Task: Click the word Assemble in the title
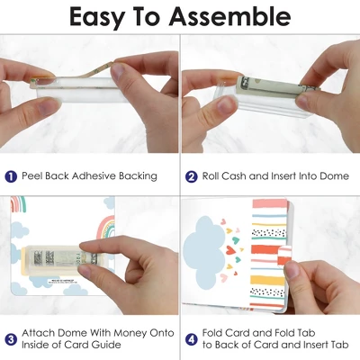pyautogui.click(x=229, y=16)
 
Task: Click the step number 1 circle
pyautogui.click(x=11, y=176)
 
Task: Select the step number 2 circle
pyautogui.click(x=191, y=176)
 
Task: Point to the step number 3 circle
pyautogui.click(x=11, y=339)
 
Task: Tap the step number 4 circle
pyautogui.click(x=191, y=339)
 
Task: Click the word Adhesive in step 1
pyautogui.click(x=94, y=175)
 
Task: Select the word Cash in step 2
pyautogui.click(x=234, y=175)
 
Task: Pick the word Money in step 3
pyautogui.click(x=130, y=333)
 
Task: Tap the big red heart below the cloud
pyautogui.click(x=230, y=249)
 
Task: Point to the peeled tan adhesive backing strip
pyautogui.click(x=74, y=74)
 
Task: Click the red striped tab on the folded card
pyautogui.click(x=283, y=256)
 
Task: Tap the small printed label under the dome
pyautogui.click(x=62, y=282)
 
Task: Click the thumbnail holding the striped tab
pyautogui.click(x=292, y=270)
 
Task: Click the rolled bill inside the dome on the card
pyautogui.click(x=65, y=258)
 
